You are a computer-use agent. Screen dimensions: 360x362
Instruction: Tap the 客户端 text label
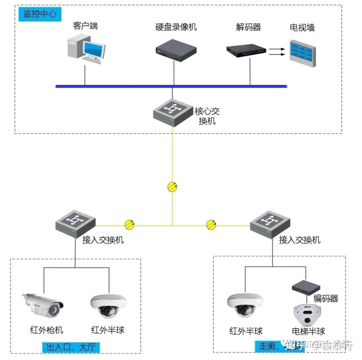pos(85,26)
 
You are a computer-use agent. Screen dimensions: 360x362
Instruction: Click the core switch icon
pos(172,111)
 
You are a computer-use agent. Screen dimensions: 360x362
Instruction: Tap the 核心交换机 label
pos(208,116)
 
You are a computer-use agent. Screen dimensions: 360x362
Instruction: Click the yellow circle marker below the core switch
pos(172,187)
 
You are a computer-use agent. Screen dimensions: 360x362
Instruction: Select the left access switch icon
pos(75,223)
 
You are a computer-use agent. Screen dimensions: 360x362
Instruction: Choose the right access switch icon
pos(270,223)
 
